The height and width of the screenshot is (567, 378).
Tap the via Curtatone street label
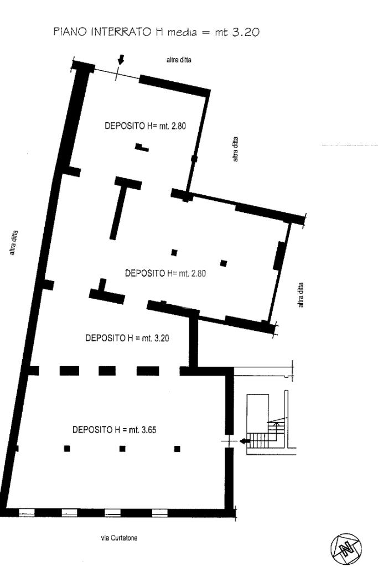(x=119, y=538)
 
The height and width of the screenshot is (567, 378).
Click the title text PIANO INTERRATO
(x=102, y=32)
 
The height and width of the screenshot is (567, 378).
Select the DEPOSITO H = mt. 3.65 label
(x=115, y=430)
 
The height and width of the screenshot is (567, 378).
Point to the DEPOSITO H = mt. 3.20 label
(x=127, y=338)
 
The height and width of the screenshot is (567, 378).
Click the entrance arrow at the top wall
(x=121, y=59)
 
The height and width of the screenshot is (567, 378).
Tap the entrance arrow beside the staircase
(x=245, y=441)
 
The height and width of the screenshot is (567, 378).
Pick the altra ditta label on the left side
(x=13, y=243)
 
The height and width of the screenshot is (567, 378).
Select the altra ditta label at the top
(x=179, y=60)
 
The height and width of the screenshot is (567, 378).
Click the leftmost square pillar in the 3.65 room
(x=67, y=449)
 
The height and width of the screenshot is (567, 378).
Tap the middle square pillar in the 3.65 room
(x=122, y=449)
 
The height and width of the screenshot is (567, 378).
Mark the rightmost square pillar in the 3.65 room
(x=177, y=449)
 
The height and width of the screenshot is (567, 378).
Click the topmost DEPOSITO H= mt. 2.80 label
(x=146, y=126)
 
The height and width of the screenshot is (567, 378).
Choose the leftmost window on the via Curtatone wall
(x=27, y=512)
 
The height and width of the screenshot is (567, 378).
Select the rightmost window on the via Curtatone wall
(x=160, y=512)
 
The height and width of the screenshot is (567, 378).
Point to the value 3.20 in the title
(x=246, y=32)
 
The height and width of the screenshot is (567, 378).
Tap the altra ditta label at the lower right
(x=301, y=295)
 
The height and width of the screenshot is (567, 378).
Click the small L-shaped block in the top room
(x=142, y=147)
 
